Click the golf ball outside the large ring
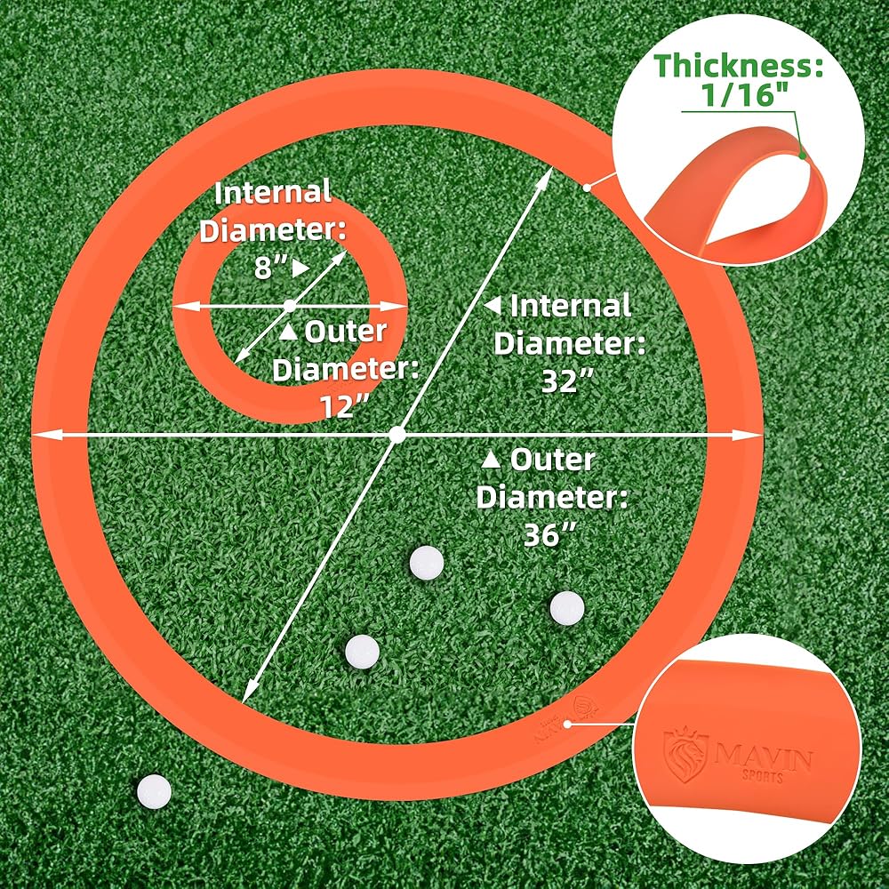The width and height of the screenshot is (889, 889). pos(153,789)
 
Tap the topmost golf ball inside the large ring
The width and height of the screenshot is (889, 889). pos(427,562)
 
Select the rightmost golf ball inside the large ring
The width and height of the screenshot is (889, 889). pos(566,608)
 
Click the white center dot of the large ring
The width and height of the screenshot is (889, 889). pos(397,435)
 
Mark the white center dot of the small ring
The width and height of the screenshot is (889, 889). pos(290,306)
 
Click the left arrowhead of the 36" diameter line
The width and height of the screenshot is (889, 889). pos(40,435)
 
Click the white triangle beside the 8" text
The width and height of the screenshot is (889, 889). pos(301,268)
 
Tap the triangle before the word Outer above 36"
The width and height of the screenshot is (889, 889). pos(491,461)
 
